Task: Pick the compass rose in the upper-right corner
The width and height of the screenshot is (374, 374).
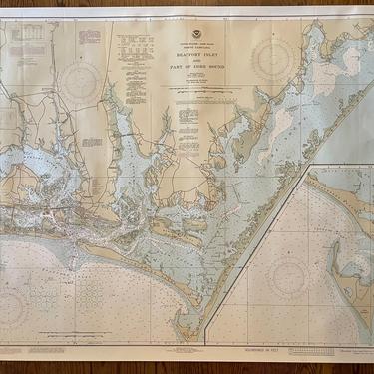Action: pyautogui.click(x=272, y=61)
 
